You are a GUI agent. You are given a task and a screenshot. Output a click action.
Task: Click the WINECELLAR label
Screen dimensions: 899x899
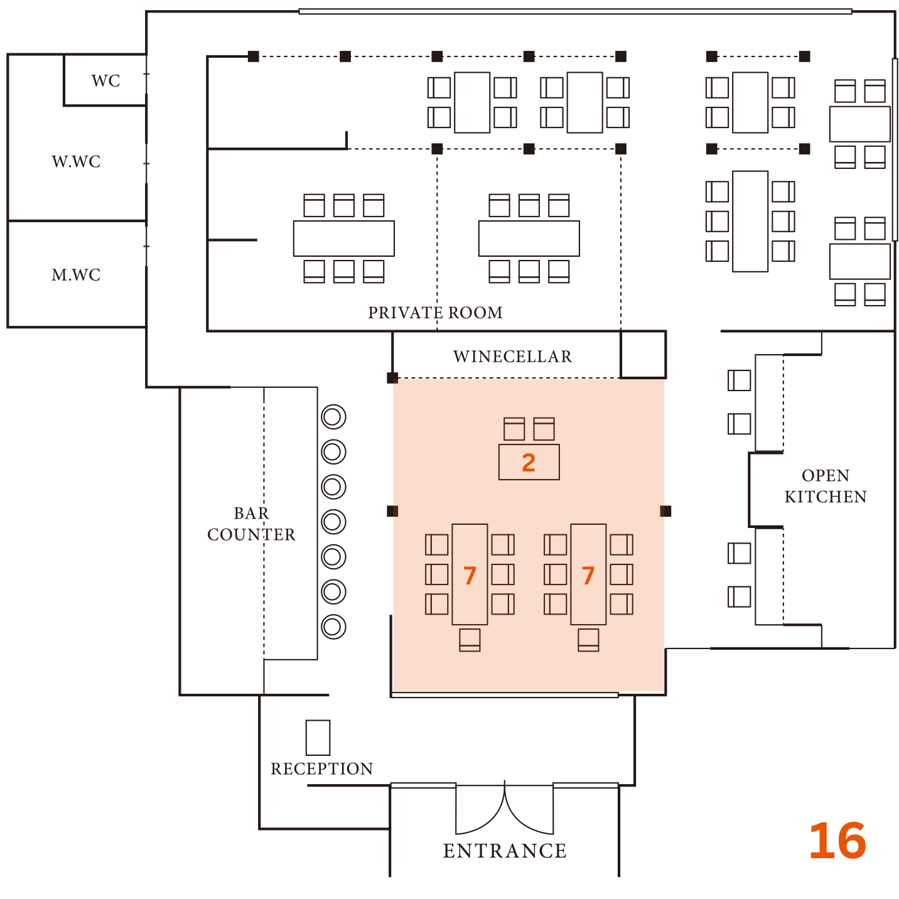click(512, 357)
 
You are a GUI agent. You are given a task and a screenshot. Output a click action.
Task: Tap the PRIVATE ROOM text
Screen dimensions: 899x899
click(435, 313)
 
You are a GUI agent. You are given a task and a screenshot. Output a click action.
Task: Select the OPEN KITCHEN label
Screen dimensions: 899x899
click(825, 486)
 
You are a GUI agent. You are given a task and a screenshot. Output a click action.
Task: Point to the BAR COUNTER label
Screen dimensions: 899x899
click(251, 524)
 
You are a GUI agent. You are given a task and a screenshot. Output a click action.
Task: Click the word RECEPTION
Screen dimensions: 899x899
click(321, 769)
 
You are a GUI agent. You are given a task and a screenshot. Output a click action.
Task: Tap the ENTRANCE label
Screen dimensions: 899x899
click(505, 851)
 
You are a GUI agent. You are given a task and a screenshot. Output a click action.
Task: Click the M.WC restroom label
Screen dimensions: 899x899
click(76, 275)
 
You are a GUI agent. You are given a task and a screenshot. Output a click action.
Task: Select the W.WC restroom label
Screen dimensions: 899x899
click(76, 162)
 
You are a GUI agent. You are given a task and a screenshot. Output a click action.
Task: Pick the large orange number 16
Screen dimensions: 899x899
click(837, 842)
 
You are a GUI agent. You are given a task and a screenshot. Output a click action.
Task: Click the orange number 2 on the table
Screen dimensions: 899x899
click(529, 463)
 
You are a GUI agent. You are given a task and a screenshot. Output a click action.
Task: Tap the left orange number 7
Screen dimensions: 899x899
click(470, 576)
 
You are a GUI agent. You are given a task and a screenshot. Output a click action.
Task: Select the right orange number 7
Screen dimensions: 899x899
click(588, 576)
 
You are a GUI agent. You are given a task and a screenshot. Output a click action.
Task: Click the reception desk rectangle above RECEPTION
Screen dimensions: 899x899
click(318, 737)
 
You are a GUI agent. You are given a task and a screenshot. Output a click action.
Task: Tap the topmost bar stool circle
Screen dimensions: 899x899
click(333, 417)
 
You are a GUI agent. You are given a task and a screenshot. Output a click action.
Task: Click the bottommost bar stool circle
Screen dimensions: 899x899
click(333, 626)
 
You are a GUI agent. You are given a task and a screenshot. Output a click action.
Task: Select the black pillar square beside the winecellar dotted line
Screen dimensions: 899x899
click(392, 378)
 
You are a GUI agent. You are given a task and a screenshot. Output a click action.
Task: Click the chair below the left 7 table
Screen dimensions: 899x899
click(470, 640)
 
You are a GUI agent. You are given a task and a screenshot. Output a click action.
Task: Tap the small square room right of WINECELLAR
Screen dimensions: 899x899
click(643, 355)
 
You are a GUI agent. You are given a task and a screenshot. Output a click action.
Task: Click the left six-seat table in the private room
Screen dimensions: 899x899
click(343, 239)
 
